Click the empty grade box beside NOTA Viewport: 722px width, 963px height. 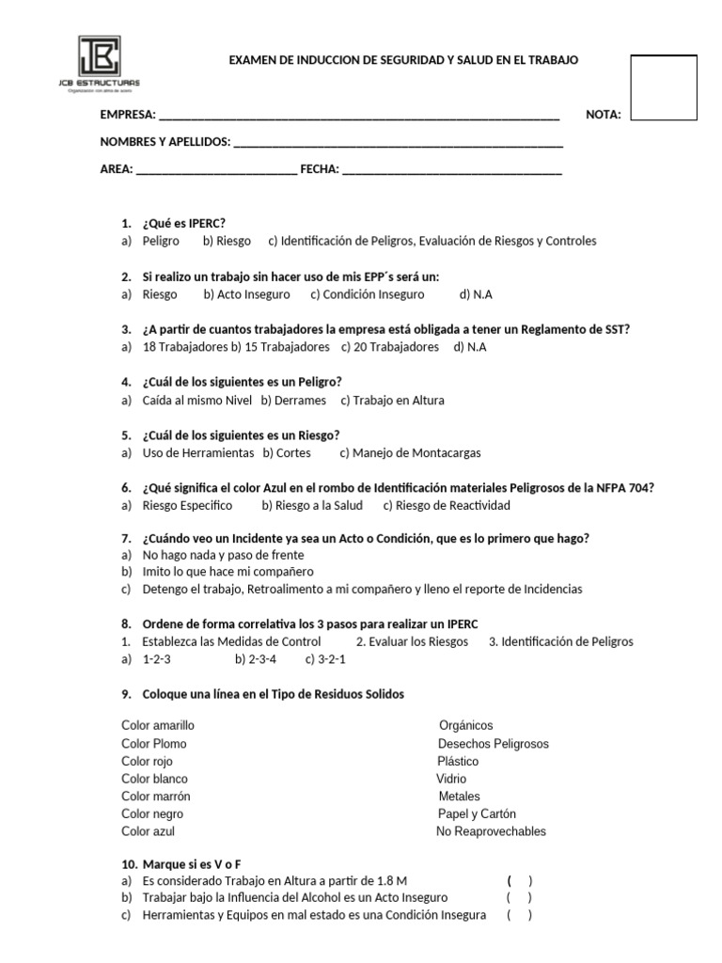tap(663, 87)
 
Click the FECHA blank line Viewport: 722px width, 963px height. tap(452, 170)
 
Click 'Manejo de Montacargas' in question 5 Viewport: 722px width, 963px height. tap(410, 453)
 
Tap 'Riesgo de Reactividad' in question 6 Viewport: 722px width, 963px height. tap(447, 506)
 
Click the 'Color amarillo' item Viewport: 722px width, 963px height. tap(158, 726)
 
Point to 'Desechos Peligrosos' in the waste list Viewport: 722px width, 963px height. tap(493, 744)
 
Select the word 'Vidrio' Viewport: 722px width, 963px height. tap(451, 779)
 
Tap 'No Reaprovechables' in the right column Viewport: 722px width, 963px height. tap(491, 831)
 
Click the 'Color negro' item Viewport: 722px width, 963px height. tap(152, 814)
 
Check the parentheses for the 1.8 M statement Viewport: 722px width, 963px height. tap(519, 881)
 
